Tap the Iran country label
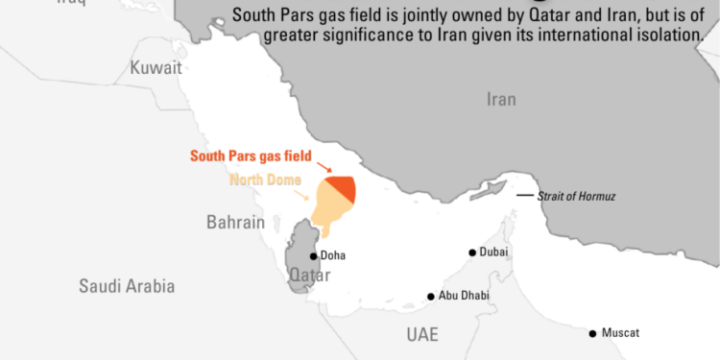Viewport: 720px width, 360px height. pos(501,100)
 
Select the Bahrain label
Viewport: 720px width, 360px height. pos(235,222)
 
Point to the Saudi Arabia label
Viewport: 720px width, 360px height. pos(128,285)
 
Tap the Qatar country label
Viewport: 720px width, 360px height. pos(310,276)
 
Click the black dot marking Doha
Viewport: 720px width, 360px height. pos(313,256)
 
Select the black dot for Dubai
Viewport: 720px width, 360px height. pos(472,252)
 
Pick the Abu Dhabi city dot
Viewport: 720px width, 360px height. pos(431,297)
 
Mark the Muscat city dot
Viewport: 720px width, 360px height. pos(593,333)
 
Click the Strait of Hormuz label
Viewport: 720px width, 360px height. pos(576,196)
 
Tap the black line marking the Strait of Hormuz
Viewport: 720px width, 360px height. pos(524,196)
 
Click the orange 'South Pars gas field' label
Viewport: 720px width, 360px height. pos(250,154)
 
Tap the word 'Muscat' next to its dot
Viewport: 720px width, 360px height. pos(620,333)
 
